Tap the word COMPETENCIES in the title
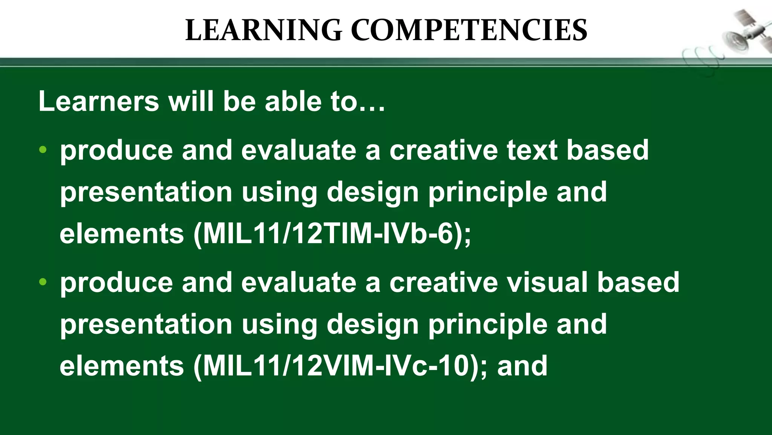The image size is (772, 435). [469, 30]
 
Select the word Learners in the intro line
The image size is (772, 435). [99, 101]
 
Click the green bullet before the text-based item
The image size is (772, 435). [43, 150]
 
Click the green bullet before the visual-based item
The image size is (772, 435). [43, 282]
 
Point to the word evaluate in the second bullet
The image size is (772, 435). [299, 282]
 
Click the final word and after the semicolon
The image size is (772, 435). [522, 366]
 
